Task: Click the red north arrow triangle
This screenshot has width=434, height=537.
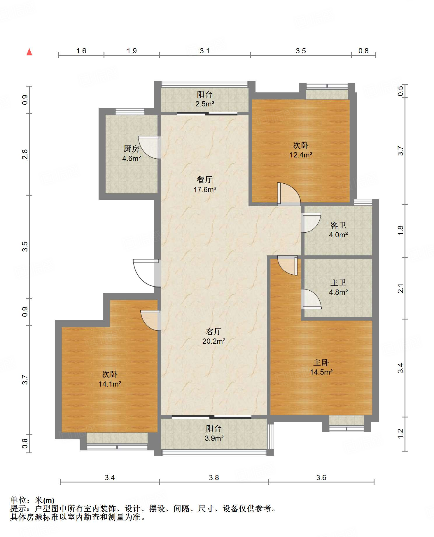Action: pyautogui.click(x=29, y=52)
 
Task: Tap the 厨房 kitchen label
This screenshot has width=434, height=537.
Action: pyautogui.click(x=131, y=149)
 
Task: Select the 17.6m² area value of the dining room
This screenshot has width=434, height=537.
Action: pyautogui.click(x=205, y=189)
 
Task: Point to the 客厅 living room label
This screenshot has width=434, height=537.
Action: pyautogui.click(x=214, y=331)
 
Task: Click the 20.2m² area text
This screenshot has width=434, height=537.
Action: pyautogui.click(x=214, y=341)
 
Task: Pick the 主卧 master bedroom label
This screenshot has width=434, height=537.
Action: pyautogui.click(x=321, y=362)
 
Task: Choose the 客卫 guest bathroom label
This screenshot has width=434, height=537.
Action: pyautogui.click(x=338, y=225)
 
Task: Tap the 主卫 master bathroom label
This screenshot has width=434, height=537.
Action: pyautogui.click(x=338, y=282)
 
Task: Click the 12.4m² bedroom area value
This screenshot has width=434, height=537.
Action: pyautogui.click(x=301, y=155)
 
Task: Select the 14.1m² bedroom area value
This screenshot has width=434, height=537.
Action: pyautogui.click(x=110, y=384)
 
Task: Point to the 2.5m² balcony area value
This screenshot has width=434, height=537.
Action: pyautogui.click(x=205, y=104)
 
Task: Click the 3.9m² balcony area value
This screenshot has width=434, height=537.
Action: pyautogui.click(x=214, y=438)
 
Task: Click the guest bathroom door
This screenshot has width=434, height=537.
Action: pyautogui.click(x=311, y=223)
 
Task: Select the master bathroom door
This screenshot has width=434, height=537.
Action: pyautogui.click(x=311, y=299)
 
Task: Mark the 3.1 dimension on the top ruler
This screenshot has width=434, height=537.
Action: pyautogui.click(x=205, y=51)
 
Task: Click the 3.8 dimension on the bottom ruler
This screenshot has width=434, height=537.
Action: pyautogui.click(x=214, y=478)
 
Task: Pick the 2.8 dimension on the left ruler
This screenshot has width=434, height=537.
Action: pyautogui.click(x=25, y=154)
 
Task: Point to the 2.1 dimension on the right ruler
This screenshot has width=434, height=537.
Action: pyautogui.click(x=401, y=288)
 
